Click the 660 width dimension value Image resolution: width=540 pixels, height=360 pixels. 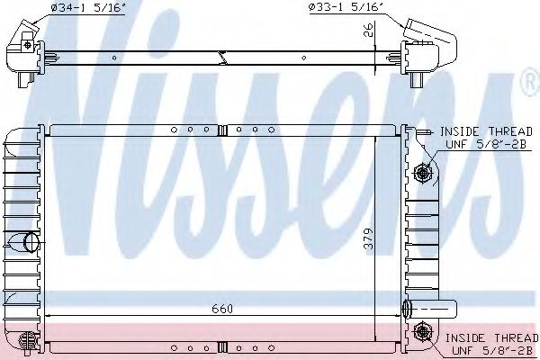[222, 309]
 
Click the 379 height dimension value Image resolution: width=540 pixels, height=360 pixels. [368, 238]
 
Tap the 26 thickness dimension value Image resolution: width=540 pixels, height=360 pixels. [368, 30]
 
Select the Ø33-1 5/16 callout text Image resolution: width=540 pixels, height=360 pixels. [346, 7]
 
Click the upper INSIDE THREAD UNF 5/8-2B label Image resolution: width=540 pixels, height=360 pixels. [486, 138]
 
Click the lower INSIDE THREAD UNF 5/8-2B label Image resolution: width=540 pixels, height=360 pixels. [491, 344]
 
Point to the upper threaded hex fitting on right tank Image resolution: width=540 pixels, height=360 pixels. [421, 172]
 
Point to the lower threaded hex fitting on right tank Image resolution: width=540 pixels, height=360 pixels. [421, 331]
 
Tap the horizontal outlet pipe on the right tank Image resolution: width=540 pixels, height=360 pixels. [430, 309]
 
